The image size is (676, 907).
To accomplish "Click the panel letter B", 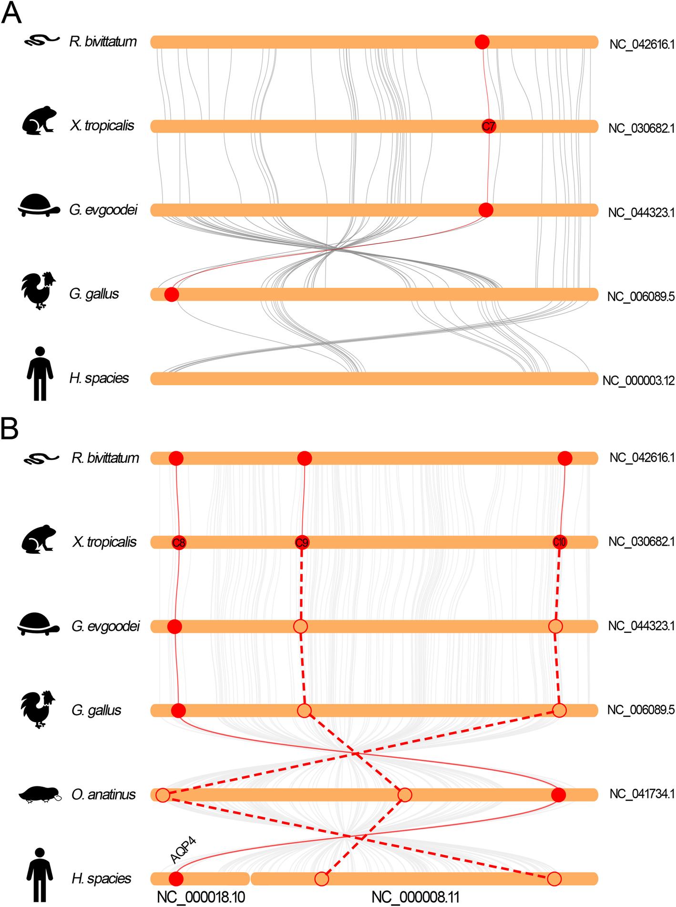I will coord(10,430).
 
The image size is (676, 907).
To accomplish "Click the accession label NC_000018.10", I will coord(201,897).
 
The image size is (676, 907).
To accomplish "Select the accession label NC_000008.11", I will coord(415,897).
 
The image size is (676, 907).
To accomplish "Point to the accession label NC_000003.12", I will coord(638,380).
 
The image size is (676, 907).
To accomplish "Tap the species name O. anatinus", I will coord(104,795).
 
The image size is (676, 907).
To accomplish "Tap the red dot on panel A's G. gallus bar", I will coord(171,295).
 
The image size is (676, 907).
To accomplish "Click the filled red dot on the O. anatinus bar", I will coord(558,795).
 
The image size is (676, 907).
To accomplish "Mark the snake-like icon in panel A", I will coord(41,41).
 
